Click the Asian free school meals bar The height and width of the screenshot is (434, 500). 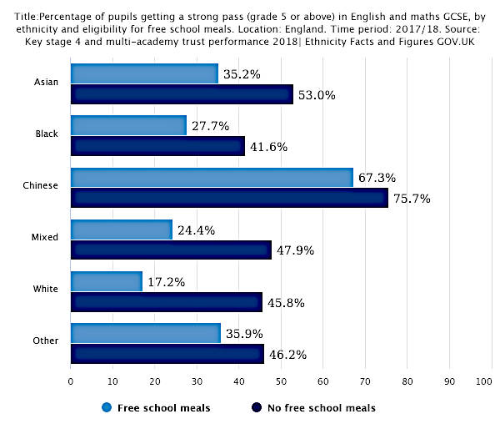pos(144,73)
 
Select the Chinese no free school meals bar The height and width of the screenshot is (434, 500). pos(229,198)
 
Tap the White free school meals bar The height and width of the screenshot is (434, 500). pos(107,281)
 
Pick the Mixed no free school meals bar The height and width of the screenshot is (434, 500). pos(171,250)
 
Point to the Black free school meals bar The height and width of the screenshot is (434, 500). pos(128,125)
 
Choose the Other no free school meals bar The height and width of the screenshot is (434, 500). pos(167,354)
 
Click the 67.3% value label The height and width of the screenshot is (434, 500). pos(377,178)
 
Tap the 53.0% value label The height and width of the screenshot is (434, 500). pos(317,95)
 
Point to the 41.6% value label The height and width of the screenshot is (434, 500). pos(269,147)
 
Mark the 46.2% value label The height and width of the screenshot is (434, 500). pos(288,355)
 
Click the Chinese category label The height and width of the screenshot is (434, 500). pos(41,185)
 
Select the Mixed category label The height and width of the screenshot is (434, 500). pos(45,237)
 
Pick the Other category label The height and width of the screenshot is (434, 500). pos(46,341)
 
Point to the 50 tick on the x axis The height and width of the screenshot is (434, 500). pos(281,382)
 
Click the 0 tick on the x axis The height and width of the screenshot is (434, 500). pos(71,382)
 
